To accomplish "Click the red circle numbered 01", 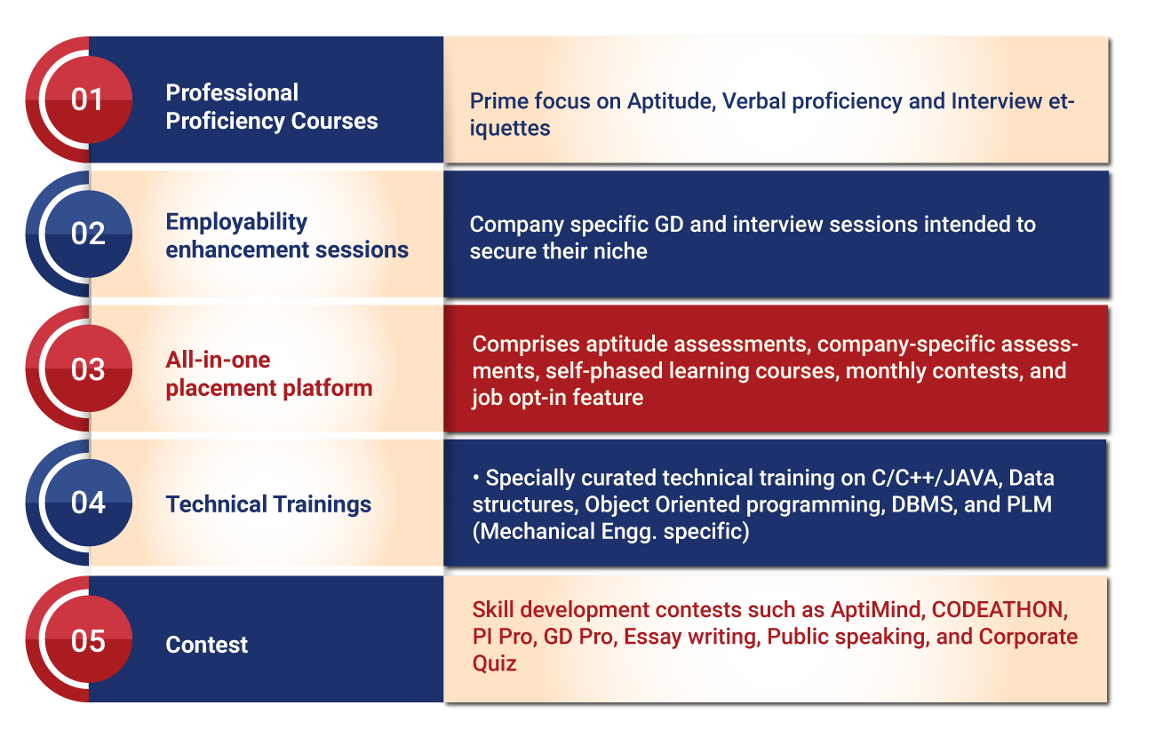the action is point(89,99).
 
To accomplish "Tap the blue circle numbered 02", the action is point(89,234).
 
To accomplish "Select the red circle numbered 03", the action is point(89,369).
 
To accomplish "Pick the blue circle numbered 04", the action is point(89,503).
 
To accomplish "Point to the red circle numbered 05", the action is point(89,639).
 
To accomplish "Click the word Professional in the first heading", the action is point(232,93).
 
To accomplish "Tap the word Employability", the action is point(236,223).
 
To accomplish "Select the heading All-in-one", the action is point(218,360).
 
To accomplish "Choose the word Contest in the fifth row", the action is point(206,645).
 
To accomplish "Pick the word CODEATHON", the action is point(1000,610).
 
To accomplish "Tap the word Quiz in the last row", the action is point(494,663).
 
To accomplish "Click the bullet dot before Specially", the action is point(476,478).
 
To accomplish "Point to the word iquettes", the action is point(509,129).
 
